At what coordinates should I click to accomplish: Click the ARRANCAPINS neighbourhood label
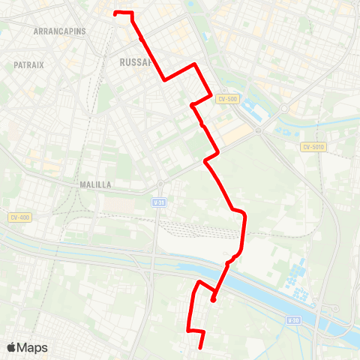coord(60,31)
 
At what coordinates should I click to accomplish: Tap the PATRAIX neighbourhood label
coord(28,65)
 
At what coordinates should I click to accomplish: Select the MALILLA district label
coord(95,184)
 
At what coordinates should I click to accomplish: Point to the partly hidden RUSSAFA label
coord(135,63)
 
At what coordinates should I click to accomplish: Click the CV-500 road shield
coord(227,99)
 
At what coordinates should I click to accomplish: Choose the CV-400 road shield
coord(19,217)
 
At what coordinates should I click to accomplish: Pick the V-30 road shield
coord(293,320)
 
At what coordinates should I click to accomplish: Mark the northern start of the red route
coord(115,13)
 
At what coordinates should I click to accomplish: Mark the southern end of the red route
coord(202,346)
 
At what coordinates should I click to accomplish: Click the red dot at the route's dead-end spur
coord(214,300)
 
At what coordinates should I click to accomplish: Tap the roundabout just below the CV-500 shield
coord(257,129)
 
